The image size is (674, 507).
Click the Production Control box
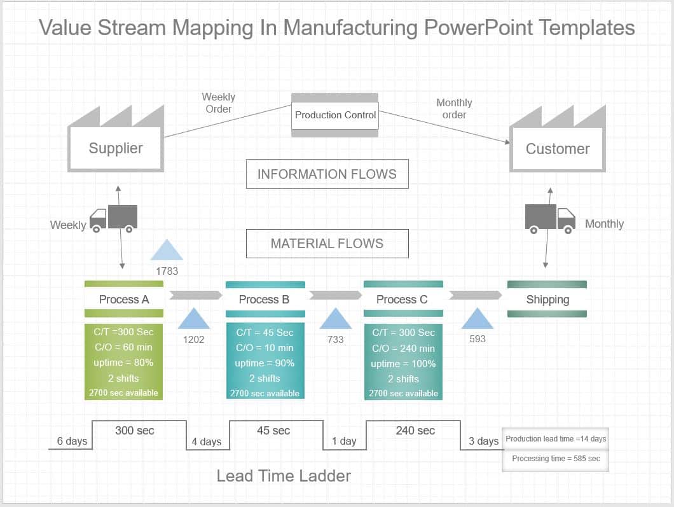pyautogui.click(x=335, y=115)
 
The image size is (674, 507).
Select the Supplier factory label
pyautogui.click(x=116, y=148)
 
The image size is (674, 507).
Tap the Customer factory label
pyautogui.click(x=558, y=149)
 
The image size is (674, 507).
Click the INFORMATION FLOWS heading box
pyautogui.click(x=327, y=174)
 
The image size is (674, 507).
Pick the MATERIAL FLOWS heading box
pyautogui.click(x=327, y=243)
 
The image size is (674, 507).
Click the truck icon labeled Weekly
pyautogui.click(x=113, y=218)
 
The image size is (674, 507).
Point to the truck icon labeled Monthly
pyautogui.click(x=549, y=218)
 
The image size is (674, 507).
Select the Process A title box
pyautogui.click(x=124, y=300)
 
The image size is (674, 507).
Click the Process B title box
pyautogui.click(x=265, y=300)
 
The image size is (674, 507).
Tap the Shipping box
pyautogui.click(x=547, y=300)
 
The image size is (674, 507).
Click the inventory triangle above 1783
pyautogui.click(x=167, y=251)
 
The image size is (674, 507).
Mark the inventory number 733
pyautogui.click(x=335, y=340)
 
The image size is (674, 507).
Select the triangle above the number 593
pyautogui.click(x=477, y=319)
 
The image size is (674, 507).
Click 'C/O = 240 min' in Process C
pyautogui.click(x=403, y=348)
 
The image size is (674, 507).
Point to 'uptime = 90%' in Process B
pyautogui.click(x=265, y=363)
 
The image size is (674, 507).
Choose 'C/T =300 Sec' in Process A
pyautogui.click(x=124, y=332)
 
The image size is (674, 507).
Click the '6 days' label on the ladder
pyautogui.click(x=72, y=441)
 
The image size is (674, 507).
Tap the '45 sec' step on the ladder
pyautogui.click(x=273, y=431)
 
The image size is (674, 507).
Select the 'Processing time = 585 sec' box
pyautogui.click(x=556, y=459)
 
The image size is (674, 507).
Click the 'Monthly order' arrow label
pyautogui.click(x=454, y=109)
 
